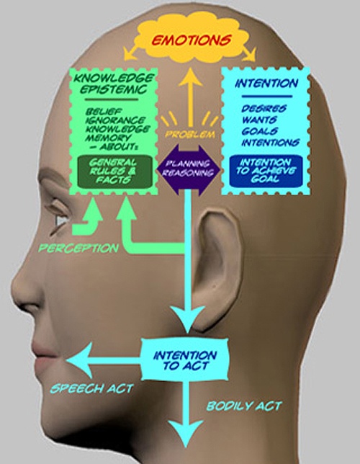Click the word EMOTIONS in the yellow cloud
coord(192,40)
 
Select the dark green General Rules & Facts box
coord(114,171)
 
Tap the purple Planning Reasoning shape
coord(189,169)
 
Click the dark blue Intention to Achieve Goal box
coord(266,171)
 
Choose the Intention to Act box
coord(185,360)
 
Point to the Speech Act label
coord(92,388)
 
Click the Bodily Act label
coord(244,406)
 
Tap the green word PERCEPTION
coord(78,248)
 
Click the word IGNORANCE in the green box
coord(115,120)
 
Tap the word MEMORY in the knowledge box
coord(108,138)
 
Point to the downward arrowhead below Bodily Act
coord(186,433)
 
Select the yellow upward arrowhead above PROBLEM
coord(190,77)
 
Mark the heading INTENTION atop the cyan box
coord(266,84)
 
